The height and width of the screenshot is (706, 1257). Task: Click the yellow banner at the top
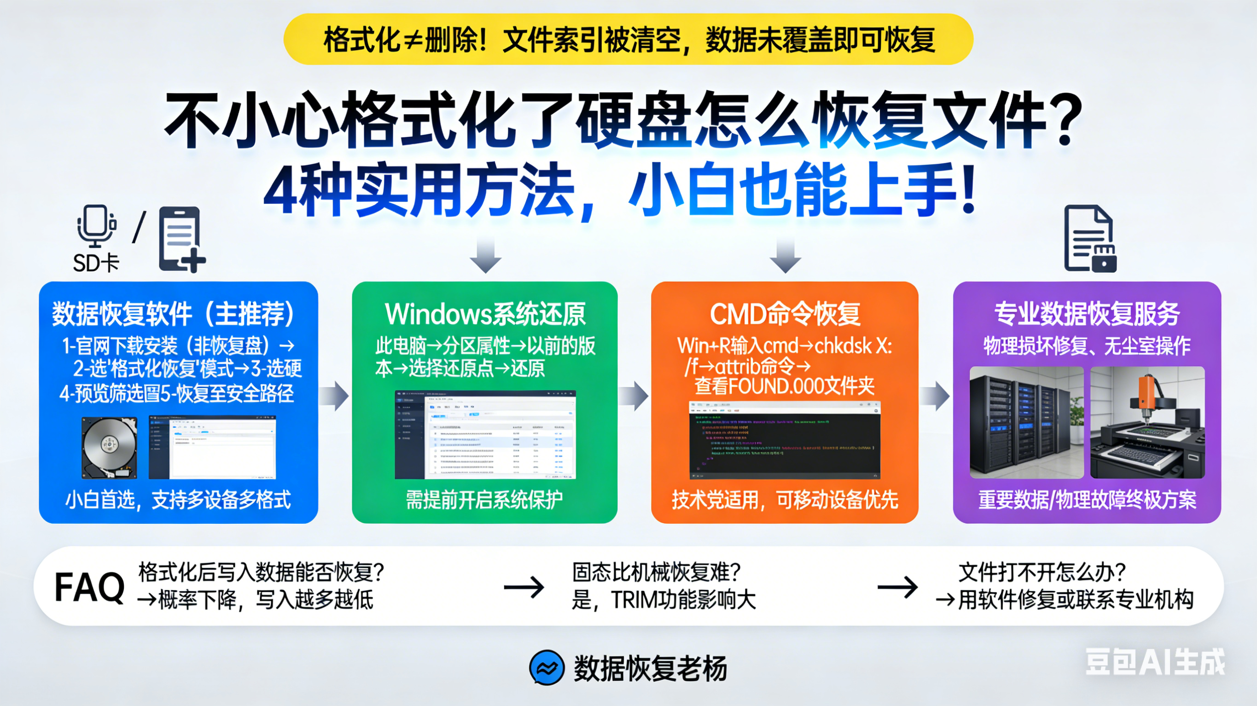click(x=628, y=39)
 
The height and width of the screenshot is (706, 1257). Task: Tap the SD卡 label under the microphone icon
click(x=96, y=263)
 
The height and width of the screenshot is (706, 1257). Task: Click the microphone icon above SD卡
click(x=96, y=226)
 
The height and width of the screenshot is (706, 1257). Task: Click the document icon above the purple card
click(x=1089, y=238)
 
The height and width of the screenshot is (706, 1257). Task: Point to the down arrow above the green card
click(x=485, y=255)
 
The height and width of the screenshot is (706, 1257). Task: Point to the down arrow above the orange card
click(x=785, y=255)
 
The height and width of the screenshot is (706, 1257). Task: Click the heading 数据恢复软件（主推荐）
click(x=174, y=314)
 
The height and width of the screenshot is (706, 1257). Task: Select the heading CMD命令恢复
click(x=785, y=314)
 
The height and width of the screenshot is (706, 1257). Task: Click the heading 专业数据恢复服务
click(x=1087, y=314)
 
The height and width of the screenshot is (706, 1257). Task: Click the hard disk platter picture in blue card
click(x=109, y=447)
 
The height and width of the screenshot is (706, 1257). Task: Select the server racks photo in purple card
click(x=1026, y=422)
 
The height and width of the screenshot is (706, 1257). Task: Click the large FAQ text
click(x=90, y=587)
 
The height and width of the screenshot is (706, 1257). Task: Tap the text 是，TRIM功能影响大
click(x=663, y=600)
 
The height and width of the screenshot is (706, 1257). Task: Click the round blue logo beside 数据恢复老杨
click(x=547, y=667)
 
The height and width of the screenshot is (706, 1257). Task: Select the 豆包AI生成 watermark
click(x=1154, y=662)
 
